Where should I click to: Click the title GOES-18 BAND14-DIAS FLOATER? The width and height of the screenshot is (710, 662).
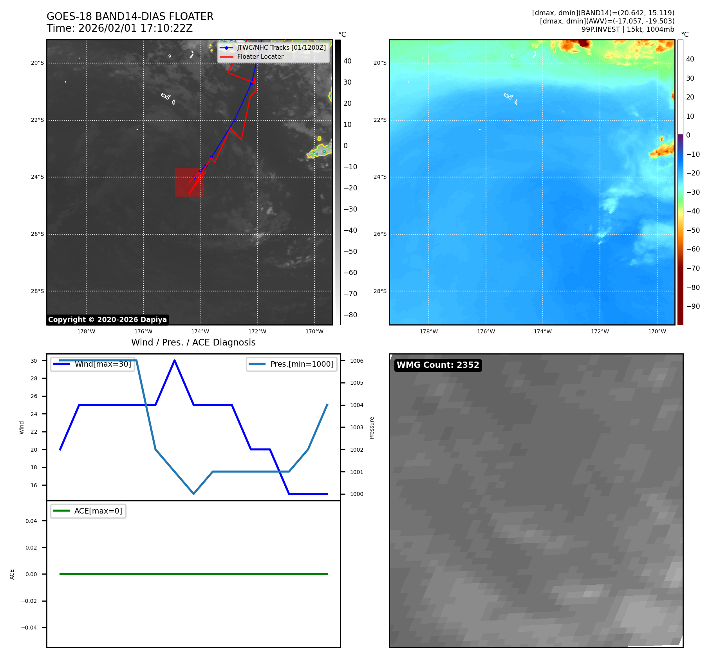click(x=130, y=16)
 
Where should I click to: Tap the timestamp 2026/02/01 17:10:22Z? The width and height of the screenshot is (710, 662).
click(x=135, y=28)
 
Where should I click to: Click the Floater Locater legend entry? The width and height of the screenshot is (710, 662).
click(x=260, y=56)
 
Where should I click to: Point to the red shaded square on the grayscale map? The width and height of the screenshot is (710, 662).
click(x=189, y=183)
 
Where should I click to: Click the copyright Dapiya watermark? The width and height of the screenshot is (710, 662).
click(x=107, y=320)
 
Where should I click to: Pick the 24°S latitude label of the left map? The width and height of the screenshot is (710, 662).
click(x=38, y=177)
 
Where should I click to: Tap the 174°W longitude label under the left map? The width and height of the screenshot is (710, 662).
click(x=200, y=331)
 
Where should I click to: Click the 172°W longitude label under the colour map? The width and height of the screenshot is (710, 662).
click(x=600, y=331)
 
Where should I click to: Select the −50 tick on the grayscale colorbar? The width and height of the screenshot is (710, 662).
click(x=350, y=251)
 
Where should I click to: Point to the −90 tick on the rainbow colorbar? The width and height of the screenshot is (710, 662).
click(x=693, y=306)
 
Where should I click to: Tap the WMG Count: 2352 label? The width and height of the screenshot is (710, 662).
click(x=438, y=365)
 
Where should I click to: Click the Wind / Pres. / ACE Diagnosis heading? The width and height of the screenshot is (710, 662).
click(x=193, y=342)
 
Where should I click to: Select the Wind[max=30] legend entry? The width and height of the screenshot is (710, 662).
click(x=103, y=364)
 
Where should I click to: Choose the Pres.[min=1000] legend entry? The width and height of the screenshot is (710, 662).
click(x=302, y=364)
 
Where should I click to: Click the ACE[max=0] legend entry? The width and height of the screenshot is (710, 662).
click(x=98, y=511)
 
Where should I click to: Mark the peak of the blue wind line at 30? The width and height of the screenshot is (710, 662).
click(x=174, y=360)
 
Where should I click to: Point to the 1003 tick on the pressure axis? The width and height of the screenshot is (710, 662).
click(x=356, y=427)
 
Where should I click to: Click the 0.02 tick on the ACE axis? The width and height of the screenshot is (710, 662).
click(x=31, y=548)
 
